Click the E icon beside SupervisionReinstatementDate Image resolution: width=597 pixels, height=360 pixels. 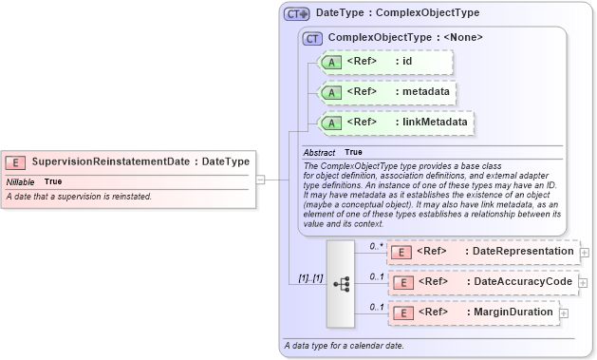[x=16, y=161]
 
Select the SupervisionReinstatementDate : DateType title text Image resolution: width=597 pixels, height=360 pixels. [x=140, y=161]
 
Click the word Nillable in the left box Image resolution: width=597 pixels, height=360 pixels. [x=20, y=181]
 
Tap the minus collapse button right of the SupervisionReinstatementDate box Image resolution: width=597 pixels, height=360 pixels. [x=260, y=178]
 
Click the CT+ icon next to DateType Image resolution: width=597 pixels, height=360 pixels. [x=297, y=14]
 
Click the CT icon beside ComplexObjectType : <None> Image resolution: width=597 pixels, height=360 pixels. [x=312, y=38]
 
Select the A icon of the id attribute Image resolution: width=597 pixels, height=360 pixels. [x=331, y=63]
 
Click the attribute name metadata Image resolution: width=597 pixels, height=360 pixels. [x=423, y=92]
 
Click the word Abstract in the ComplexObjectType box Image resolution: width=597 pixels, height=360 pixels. [x=319, y=152]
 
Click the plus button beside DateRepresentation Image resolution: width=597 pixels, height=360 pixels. [x=584, y=253]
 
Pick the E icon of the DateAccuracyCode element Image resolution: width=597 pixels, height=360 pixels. [x=401, y=282]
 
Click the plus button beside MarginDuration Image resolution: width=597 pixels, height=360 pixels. [x=564, y=313]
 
